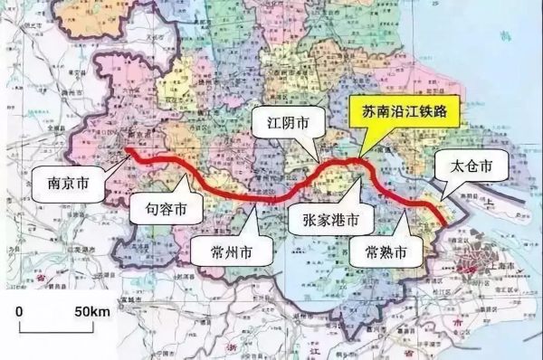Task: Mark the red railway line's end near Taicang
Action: coord(442,223)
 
